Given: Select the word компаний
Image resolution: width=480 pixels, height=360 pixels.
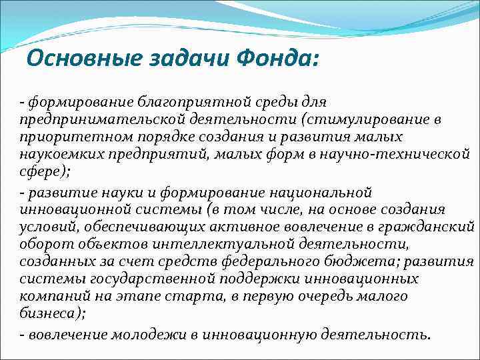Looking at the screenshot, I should point(51,295).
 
